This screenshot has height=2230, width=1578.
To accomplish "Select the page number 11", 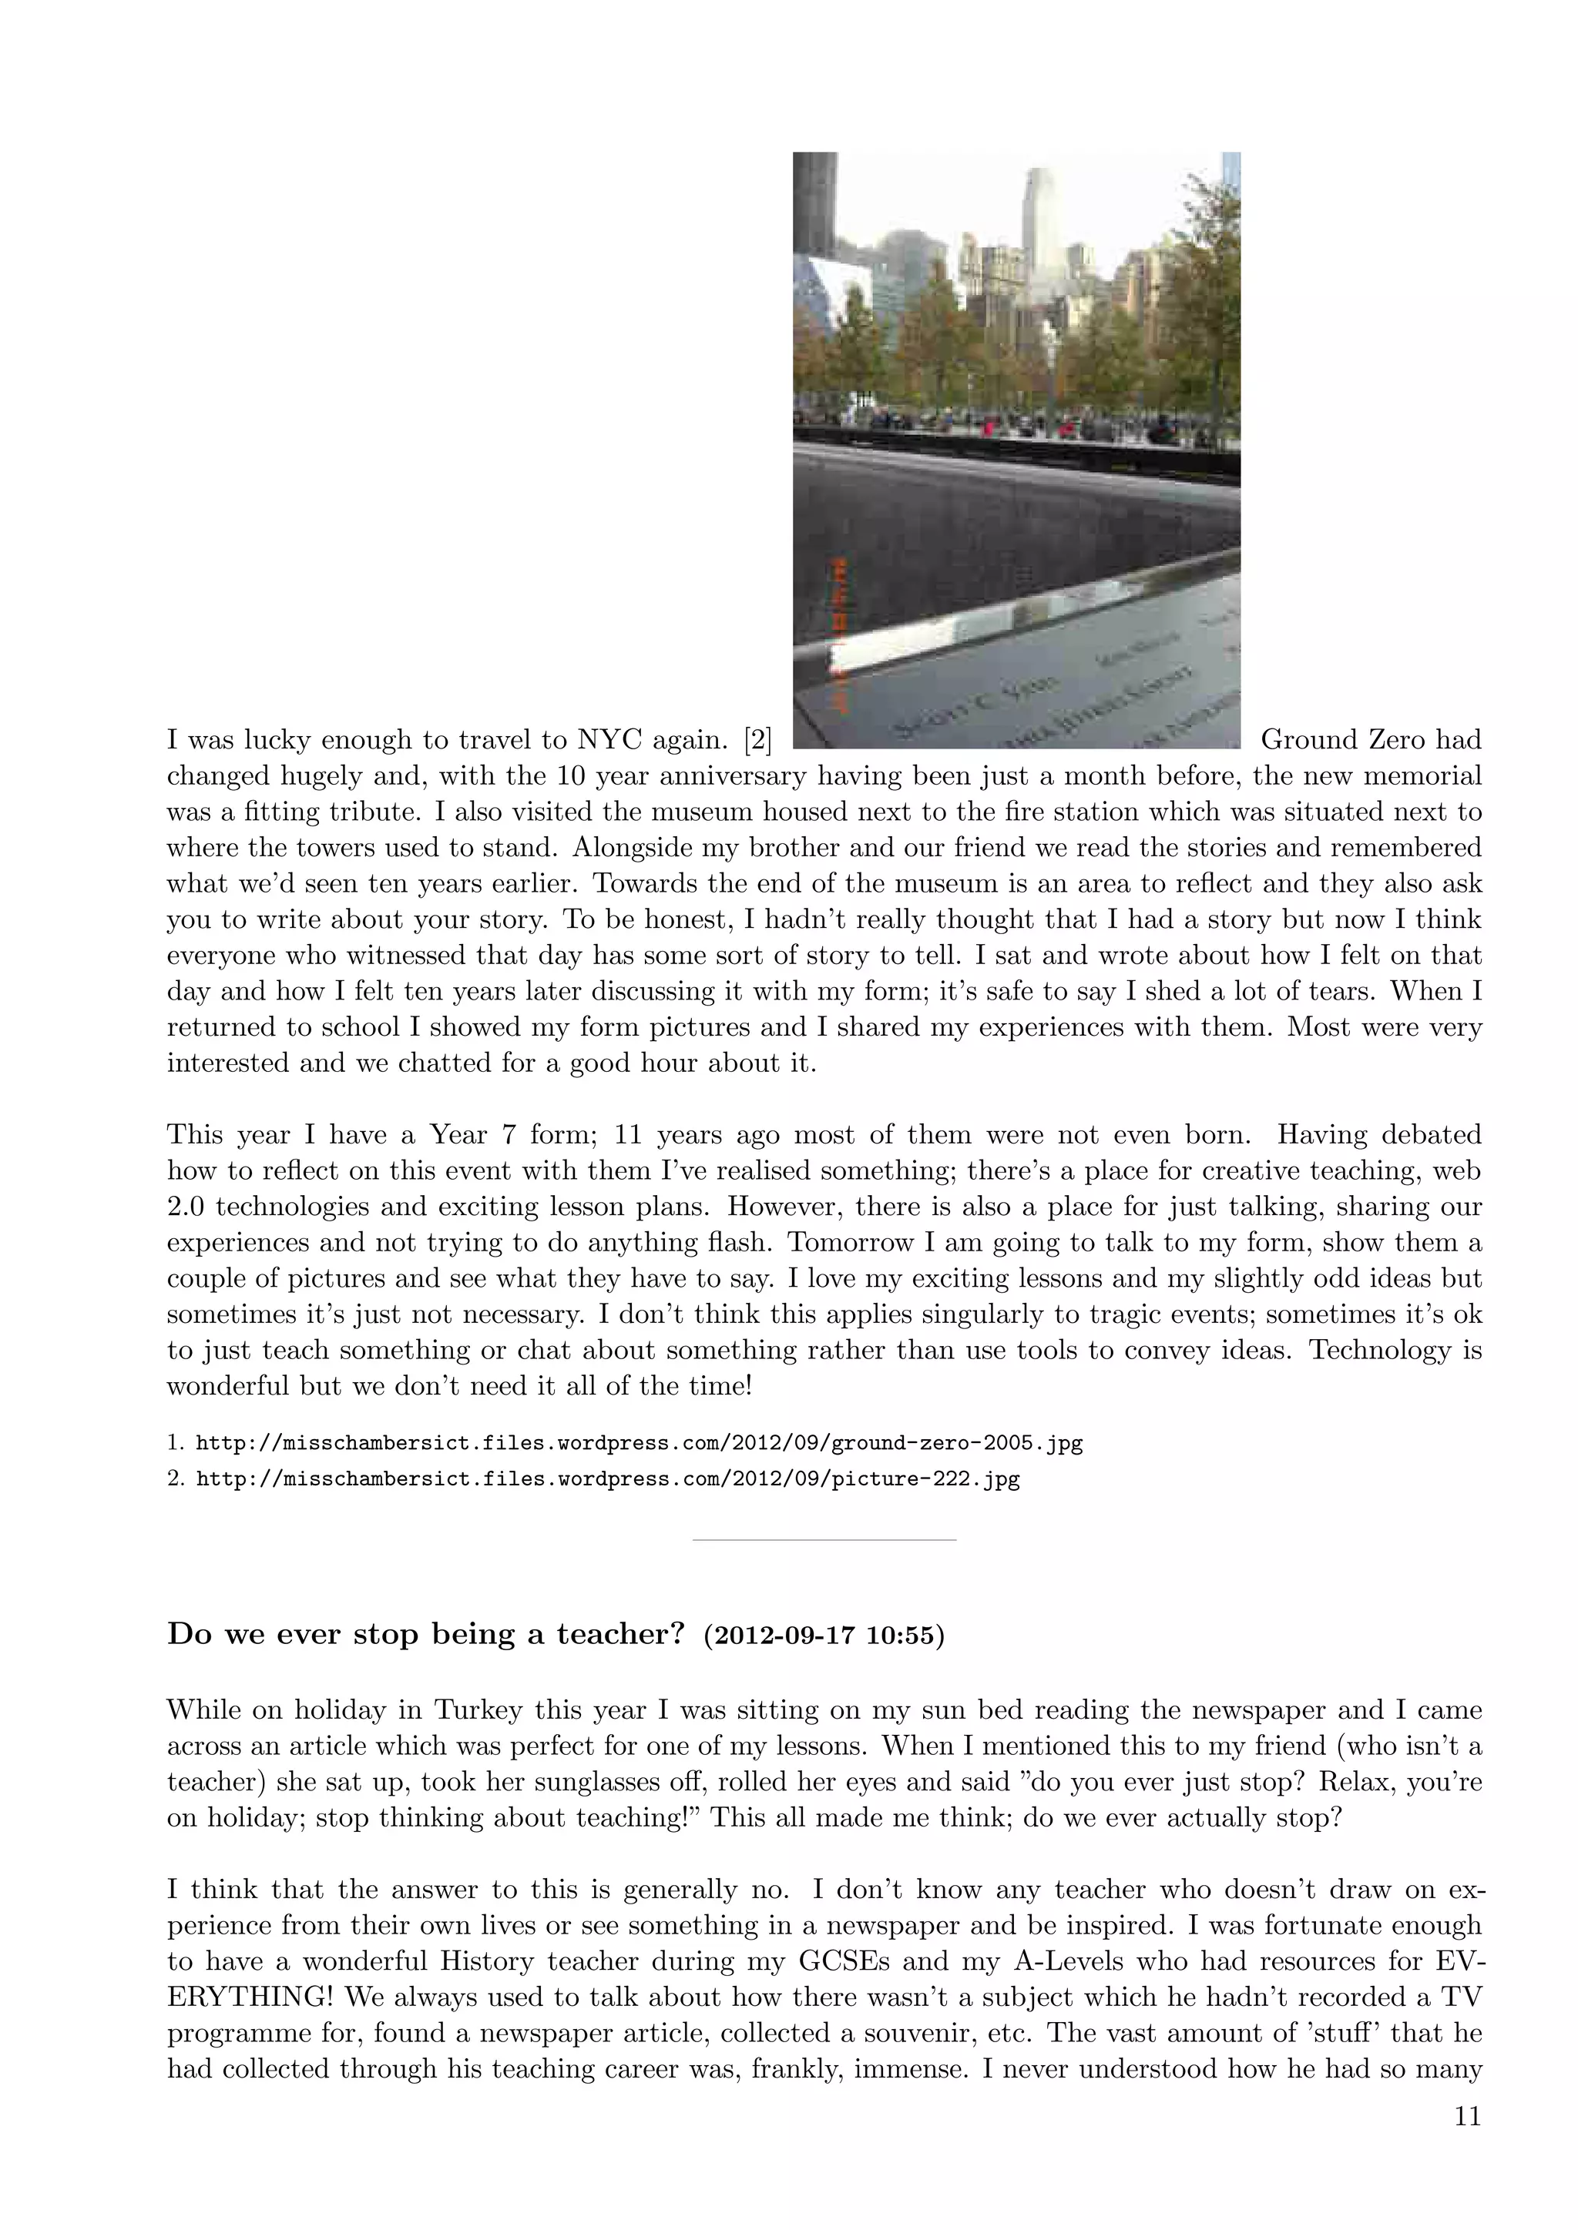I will click(1467, 2116).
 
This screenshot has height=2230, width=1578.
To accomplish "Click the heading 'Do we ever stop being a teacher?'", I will click(427, 1635).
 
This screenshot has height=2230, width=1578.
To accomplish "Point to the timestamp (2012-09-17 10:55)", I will click(823, 1636).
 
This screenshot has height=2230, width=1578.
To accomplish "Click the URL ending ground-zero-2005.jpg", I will click(639, 1443).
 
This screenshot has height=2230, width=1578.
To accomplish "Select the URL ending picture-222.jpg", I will click(607, 1479).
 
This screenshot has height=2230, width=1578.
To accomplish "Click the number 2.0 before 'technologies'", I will click(186, 1207).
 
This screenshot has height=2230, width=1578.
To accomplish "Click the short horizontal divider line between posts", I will click(824, 1540).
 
